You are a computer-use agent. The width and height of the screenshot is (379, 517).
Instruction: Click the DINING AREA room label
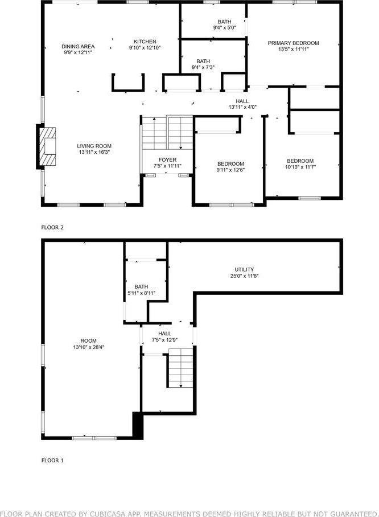pyautogui.click(x=79, y=46)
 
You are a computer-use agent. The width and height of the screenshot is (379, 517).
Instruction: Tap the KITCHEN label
pyautogui.click(x=145, y=42)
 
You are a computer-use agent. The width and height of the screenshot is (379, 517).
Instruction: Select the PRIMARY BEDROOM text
pyautogui.click(x=294, y=43)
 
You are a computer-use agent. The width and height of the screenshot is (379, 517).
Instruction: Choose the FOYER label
pyautogui.click(x=167, y=160)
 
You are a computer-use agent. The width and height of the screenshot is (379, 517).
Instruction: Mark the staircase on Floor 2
pyautogui.click(x=167, y=132)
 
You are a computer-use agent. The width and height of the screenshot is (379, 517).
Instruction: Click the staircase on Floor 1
pyautogui.click(x=180, y=369)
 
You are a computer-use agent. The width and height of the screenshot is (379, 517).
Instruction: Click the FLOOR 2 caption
pyautogui.click(x=52, y=227)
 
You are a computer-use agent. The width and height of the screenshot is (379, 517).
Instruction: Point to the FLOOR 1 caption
pyautogui.click(x=52, y=459)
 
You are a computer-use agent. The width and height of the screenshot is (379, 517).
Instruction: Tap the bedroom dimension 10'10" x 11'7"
pyautogui.click(x=300, y=167)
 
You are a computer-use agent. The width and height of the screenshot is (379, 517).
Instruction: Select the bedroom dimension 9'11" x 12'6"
pyautogui.click(x=230, y=170)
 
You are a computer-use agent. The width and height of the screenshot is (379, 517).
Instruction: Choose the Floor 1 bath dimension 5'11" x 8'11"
pyautogui.click(x=141, y=293)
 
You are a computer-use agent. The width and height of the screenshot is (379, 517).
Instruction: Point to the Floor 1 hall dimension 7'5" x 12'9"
pyautogui.click(x=165, y=340)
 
